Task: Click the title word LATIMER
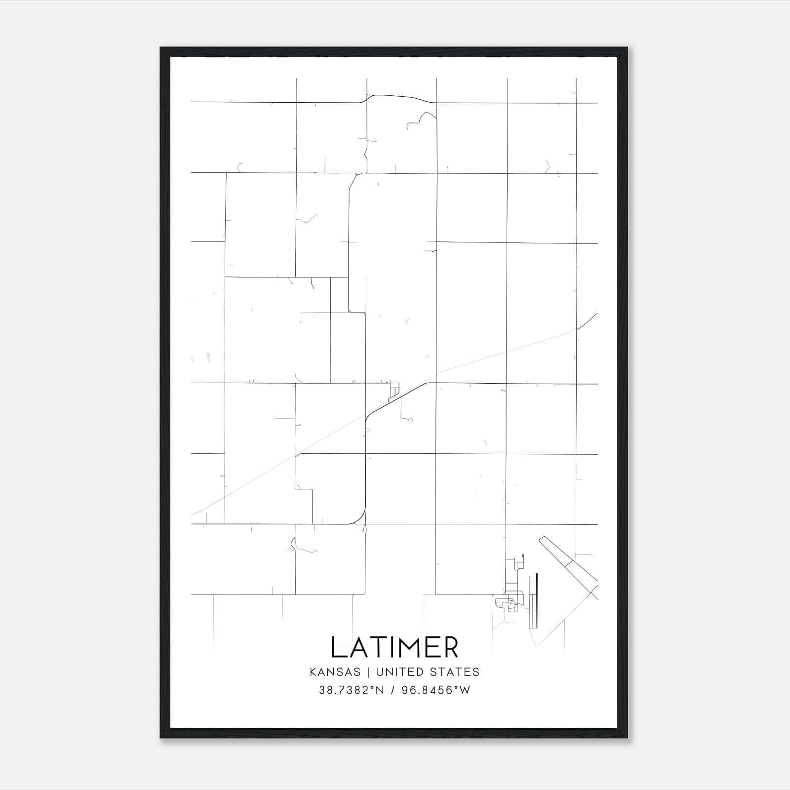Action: [x=395, y=647]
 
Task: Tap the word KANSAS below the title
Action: [x=338, y=672]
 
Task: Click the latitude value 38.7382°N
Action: [x=351, y=690]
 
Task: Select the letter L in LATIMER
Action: [x=339, y=647]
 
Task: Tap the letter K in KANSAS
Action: [x=314, y=672]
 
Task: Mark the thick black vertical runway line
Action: [x=536, y=600]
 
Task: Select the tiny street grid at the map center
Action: [x=394, y=391]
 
